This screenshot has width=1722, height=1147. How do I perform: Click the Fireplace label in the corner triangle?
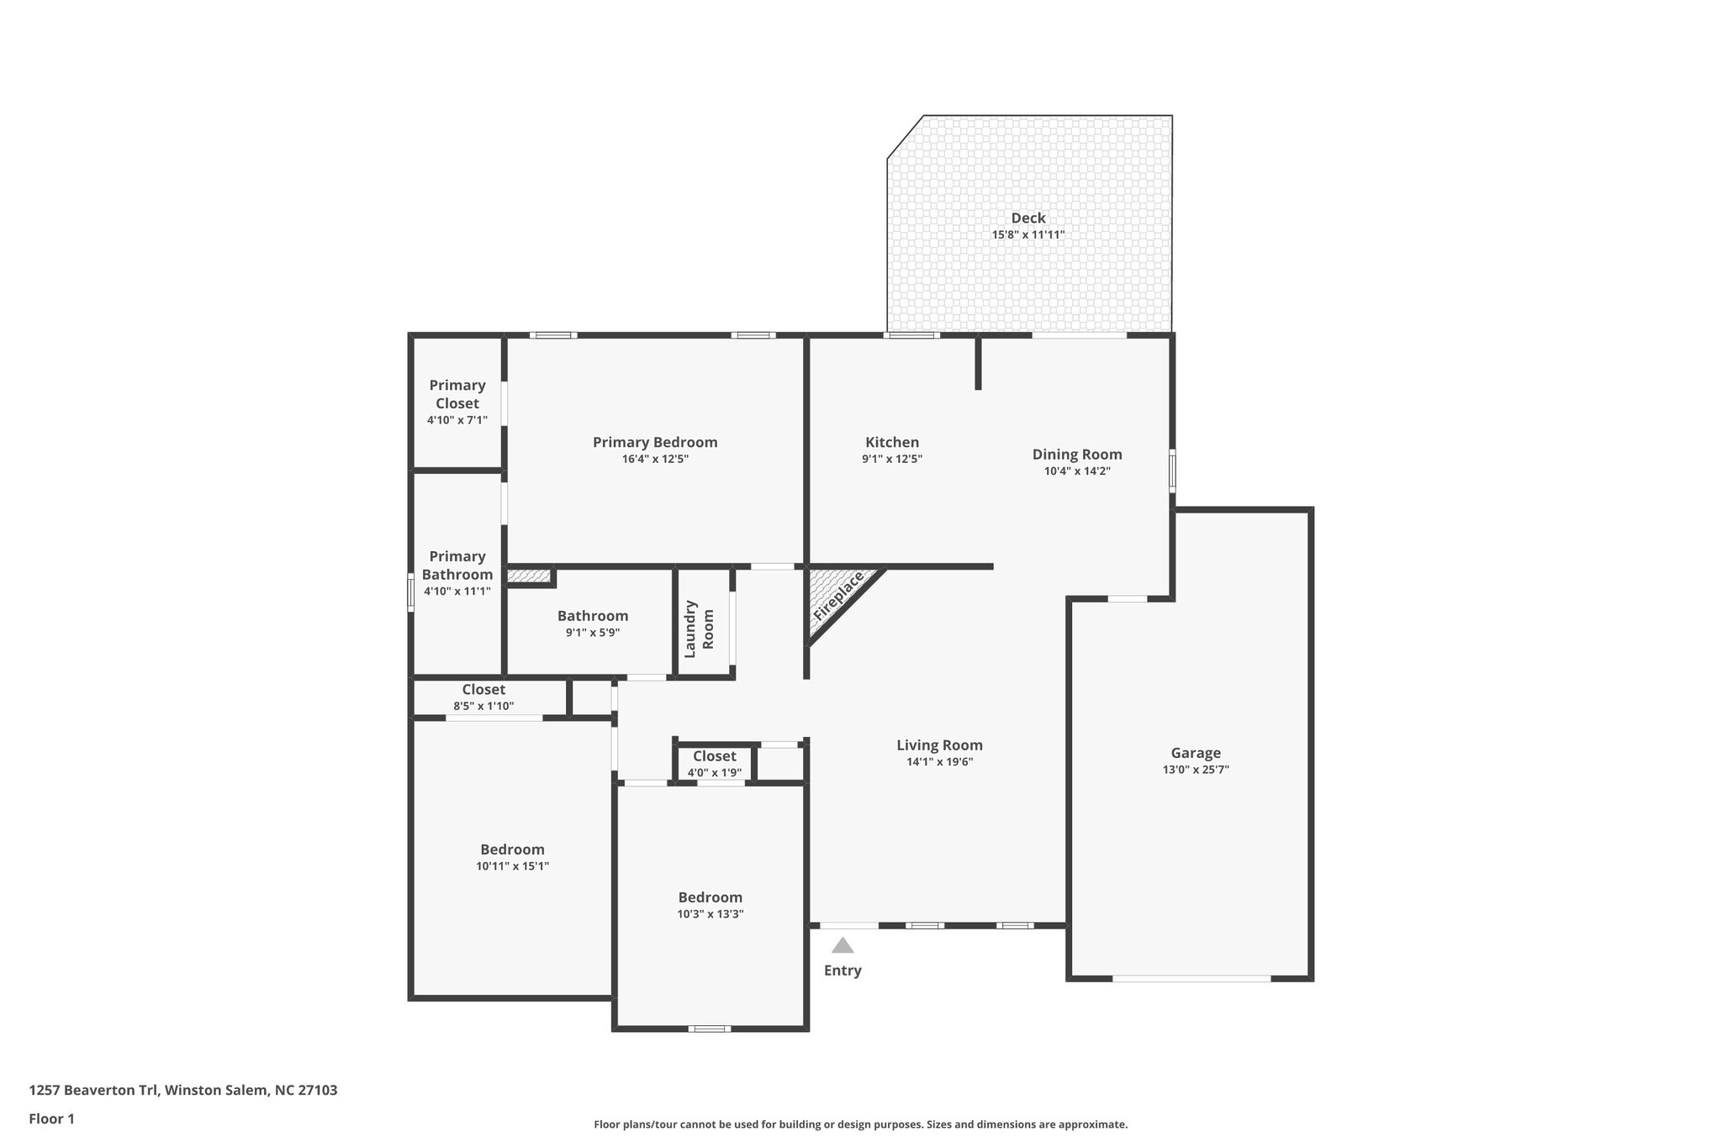coord(838,596)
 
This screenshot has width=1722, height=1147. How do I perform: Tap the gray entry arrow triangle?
coord(843,945)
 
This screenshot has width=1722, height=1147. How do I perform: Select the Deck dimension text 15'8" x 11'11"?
coord(1027,235)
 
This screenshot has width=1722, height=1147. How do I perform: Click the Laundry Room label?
coord(699,629)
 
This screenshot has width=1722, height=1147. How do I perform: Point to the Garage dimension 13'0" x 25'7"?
coord(1195,770)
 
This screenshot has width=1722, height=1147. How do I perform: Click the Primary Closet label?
coord(457,394)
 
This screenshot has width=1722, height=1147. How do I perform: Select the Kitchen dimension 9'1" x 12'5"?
coord(891,459)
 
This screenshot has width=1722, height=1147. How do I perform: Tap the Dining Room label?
coord(1077,455)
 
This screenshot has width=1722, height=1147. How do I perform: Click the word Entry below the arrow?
coord(843,971)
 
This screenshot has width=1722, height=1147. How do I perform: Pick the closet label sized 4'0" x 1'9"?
coord(714,756)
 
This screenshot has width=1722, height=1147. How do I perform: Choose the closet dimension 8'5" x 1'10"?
coord(483,707)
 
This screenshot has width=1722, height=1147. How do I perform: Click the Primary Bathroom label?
coord(457,566)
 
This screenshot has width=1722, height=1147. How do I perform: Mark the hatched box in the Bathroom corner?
coord(528,576)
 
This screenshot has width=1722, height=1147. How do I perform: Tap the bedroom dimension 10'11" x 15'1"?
coord(512,866)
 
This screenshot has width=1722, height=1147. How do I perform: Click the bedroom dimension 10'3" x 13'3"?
coord(710,914)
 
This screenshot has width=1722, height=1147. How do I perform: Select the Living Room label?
coord(939,745)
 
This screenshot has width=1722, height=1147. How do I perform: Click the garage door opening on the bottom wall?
coord(1191,978)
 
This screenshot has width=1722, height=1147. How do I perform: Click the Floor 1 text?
coord(51,1119)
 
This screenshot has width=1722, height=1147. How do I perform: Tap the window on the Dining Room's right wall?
coord(1172,471)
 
